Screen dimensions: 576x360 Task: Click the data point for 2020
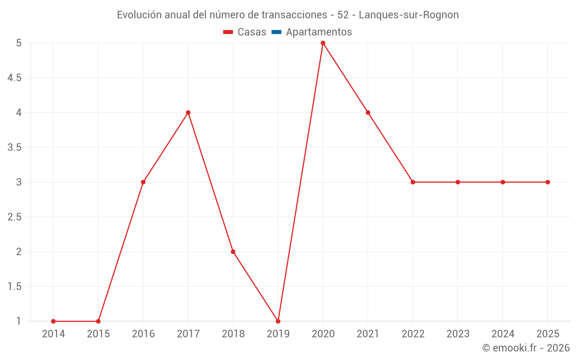pos(323,43)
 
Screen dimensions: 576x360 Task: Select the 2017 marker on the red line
pos(188,112)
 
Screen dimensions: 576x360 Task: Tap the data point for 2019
pos(278,321)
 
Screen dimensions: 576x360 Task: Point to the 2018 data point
pos(233,252)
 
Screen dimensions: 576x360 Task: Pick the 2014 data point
pos(53,321)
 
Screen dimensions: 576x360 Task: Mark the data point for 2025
pos(548,182)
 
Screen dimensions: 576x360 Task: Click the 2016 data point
pos(143,182)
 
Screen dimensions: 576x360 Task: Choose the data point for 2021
pos(367,112)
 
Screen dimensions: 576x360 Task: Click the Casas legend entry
pos(245,32)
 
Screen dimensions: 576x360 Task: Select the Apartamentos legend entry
pos(312,32)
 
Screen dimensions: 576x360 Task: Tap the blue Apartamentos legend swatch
pos(276,32)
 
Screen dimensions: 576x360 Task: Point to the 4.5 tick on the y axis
pos(15,78)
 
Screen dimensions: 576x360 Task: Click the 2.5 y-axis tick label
pos(15,217)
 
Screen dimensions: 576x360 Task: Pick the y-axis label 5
pos(19,43)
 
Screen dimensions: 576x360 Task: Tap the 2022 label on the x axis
pos(413,334)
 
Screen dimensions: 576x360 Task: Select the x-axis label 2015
pos(98,334)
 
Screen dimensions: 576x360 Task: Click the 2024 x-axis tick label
pos(503,334)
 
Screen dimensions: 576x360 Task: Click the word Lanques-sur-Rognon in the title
pos(409,15)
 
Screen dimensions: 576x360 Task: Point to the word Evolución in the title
pos(139,15)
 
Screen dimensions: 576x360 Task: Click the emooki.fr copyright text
pos(526,348)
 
